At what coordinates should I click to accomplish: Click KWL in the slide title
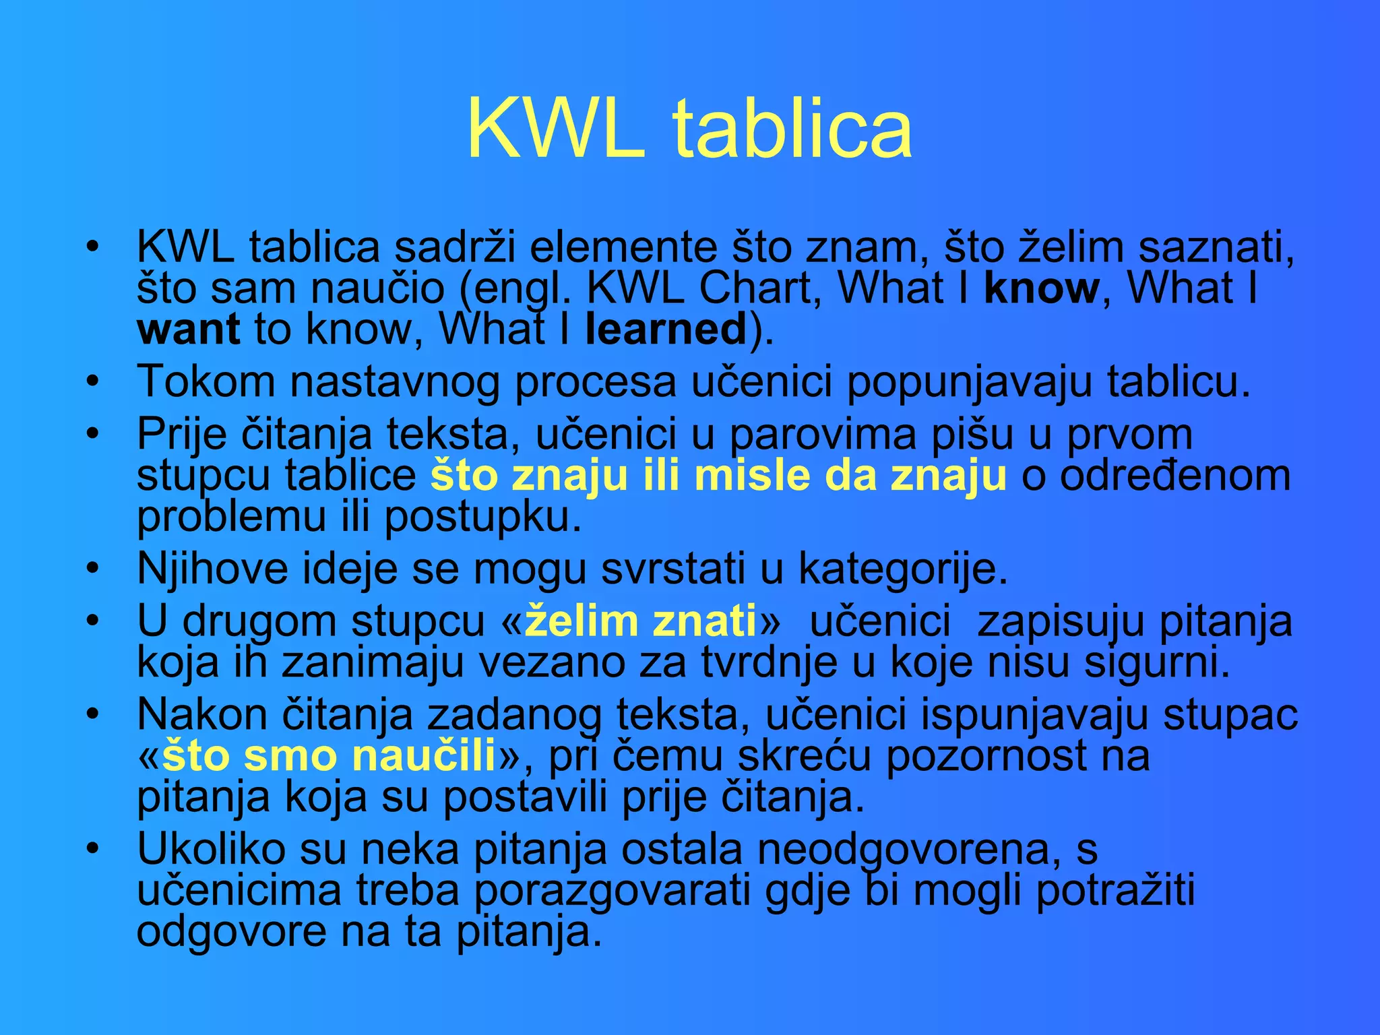555,129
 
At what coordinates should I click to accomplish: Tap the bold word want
188,330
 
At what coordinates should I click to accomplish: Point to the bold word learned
666,330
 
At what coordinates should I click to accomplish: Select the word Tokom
206,382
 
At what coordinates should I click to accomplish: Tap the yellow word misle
752,476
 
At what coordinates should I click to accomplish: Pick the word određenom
1175,476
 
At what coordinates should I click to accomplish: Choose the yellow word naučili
425,756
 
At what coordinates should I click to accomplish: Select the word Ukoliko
212,849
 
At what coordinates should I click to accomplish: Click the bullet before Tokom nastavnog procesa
93,382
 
